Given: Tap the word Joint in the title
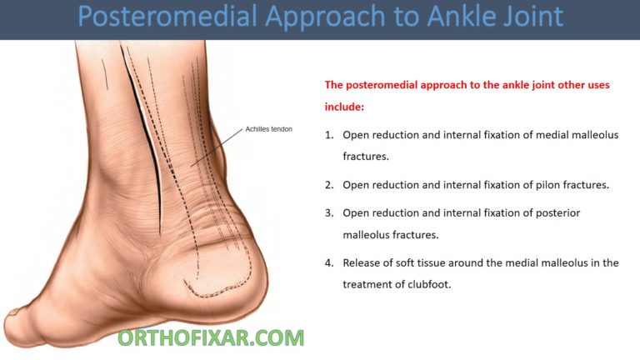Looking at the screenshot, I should click(x=525, y=18).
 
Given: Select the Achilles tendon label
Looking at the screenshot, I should click(x=268, y=129).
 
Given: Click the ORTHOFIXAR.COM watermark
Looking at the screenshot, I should click(x=210, y=337).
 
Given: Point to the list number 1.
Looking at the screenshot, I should click(x=329, y=134).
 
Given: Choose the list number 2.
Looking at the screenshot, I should click(x=329, y=184).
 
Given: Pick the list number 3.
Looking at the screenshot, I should click(x=329, y=213).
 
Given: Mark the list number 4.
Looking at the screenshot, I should click(x=329, y=262).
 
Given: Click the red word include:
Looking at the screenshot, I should click(x=344, y=107).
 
